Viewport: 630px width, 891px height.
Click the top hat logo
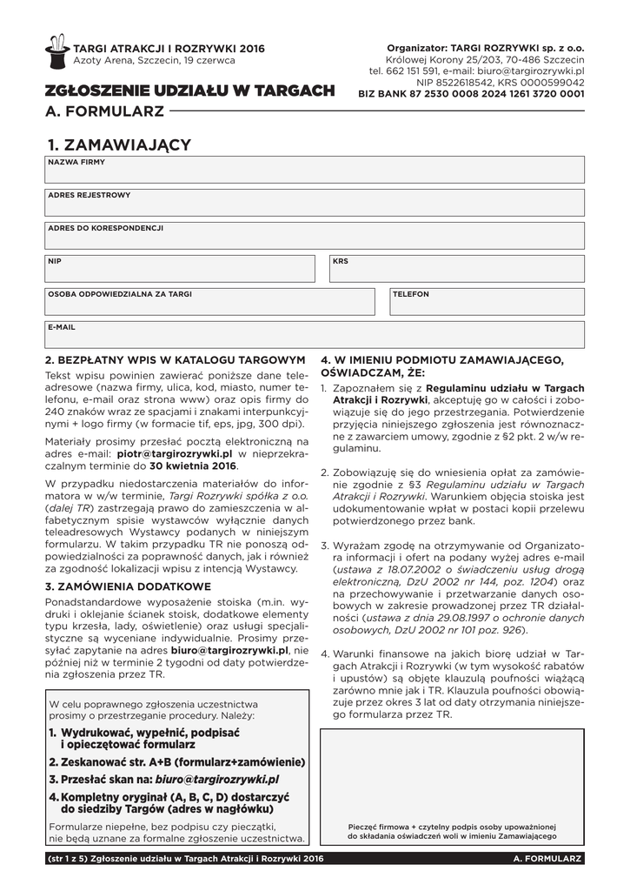click(x=56, y=51)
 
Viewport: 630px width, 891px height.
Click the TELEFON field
click(x=486, y=302)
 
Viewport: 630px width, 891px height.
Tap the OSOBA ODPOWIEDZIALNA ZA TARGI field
click(x=209, y=302)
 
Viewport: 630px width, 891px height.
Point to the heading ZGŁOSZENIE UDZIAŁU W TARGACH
click(x=190, y=91)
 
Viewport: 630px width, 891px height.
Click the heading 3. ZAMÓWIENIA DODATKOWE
click(x=128, y=586)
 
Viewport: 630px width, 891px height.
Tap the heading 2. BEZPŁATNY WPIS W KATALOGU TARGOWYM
click(x=175, y=359)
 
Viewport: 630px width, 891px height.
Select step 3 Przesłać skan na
click(x=163, y=780)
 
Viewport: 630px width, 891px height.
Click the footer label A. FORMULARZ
click(x=547, y=859)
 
